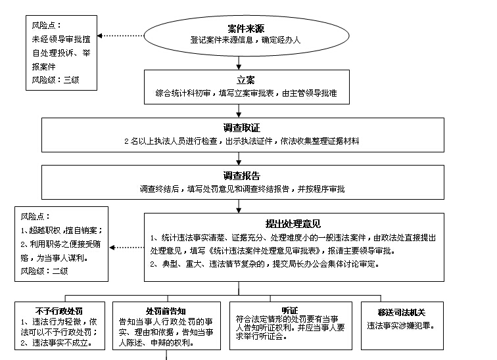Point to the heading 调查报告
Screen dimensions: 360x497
[241, 176]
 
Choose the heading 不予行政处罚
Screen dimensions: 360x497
[59, 310]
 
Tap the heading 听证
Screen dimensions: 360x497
[289, 310]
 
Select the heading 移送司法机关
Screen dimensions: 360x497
[403, 310]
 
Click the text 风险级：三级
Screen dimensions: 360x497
[56, 79]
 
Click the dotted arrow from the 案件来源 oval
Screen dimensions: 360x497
[121, 35]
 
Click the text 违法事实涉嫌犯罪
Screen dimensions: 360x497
[402, 325]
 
